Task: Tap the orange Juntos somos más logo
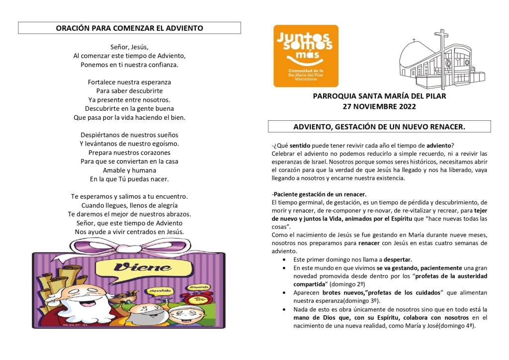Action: coord(306,56)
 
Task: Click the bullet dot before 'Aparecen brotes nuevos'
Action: coord(284,293)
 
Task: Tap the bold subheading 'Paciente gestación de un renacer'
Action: coord(319,194)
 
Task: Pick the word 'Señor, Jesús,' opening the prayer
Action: coord(129,47)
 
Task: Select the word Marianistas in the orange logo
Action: coord(306,78)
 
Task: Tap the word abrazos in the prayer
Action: coord(176,214)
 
